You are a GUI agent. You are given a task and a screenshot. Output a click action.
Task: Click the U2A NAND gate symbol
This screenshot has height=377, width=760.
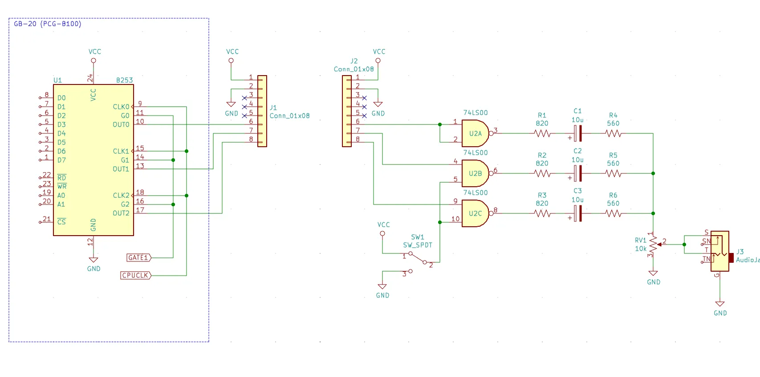coord(476,133)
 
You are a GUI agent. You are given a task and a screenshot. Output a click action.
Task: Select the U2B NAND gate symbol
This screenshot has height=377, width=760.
coord(476,173)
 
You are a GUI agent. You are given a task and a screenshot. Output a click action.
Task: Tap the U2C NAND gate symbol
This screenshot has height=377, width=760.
coord(476,213)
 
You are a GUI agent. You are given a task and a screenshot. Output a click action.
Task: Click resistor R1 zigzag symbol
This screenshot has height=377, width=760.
coord(542,133)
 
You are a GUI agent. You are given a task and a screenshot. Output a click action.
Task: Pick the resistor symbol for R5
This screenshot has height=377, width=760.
coord(613,173)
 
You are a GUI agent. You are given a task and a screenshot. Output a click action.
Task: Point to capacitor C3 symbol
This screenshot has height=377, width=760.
coord(577,213)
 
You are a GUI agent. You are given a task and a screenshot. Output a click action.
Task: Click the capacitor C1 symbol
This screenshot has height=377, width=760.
coord(577,133)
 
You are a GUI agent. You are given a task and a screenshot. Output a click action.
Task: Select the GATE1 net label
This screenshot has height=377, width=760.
coord(139,258)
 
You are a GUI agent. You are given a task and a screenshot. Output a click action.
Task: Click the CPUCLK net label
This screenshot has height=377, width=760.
coord(136,275)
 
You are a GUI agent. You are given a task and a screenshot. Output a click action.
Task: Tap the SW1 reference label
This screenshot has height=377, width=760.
coord(417,237)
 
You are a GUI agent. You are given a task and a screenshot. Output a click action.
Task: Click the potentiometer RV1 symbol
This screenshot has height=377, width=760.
coord(654,244)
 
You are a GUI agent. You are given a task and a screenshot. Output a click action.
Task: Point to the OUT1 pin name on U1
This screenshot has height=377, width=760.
coord(121,168)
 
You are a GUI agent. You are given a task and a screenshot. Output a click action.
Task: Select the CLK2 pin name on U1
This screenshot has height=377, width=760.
coord(121,196)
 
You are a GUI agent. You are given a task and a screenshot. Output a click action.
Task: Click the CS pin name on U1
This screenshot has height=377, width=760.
coord(61,222)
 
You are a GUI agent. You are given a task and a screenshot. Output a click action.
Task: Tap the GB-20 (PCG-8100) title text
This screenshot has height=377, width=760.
coord(48,24)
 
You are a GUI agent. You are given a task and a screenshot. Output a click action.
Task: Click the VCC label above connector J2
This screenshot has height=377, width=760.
coord(379,52)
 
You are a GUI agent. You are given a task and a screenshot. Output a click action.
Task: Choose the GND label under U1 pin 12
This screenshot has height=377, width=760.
coord(93,269)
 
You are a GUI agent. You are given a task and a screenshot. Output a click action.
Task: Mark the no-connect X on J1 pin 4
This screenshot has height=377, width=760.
coord(244,107)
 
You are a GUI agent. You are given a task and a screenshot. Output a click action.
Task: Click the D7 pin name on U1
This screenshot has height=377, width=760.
coord(61,160)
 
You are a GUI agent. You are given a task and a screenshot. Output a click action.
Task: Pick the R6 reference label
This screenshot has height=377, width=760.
coord(613,195)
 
